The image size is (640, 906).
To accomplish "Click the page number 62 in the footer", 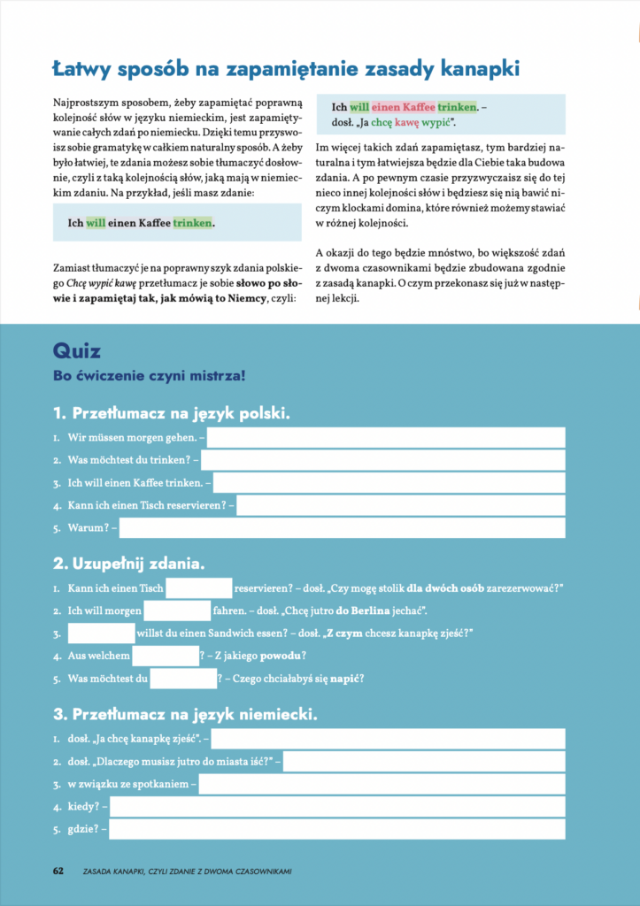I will click(58, 871).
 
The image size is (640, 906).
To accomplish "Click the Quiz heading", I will click(78, 350).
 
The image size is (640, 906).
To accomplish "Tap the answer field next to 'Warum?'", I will click(342, 528).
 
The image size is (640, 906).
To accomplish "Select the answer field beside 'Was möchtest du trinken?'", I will click(383, 460).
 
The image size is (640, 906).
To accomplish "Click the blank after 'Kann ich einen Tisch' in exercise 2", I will click(198, 587).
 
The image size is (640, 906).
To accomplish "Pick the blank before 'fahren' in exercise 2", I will click(177, 610).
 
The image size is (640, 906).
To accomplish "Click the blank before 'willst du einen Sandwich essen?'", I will click(101, 633).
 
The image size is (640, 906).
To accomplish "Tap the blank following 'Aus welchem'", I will click(166, 656).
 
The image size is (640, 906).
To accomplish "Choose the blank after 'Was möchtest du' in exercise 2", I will click(183, 679).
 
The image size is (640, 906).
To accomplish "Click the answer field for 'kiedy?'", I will click(336, 807).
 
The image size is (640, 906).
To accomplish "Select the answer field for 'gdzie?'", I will click(336, 830).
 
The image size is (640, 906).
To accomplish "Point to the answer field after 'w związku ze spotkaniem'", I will click(382, 784).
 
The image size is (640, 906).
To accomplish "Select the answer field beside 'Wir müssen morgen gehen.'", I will click(386, 437).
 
